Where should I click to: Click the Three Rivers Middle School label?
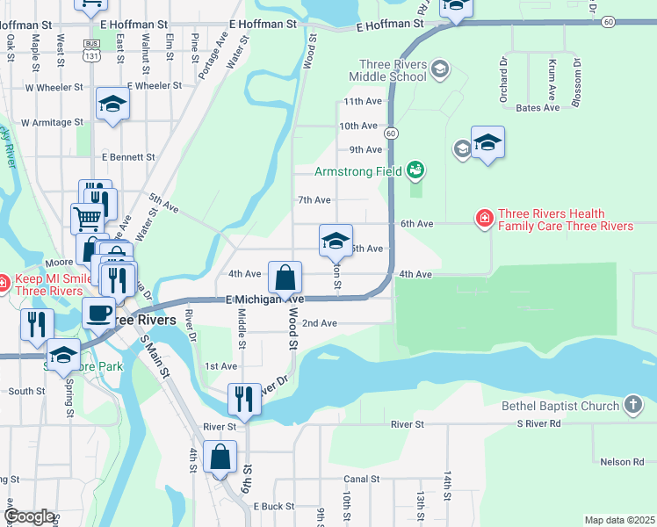click(x=393, y=70)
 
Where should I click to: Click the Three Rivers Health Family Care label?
click(x=565, y=220)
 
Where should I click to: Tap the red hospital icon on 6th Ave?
click(x=483, y=217)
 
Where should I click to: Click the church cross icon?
click(x=632, y=404)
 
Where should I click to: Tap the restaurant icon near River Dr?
click(x=244, y=399)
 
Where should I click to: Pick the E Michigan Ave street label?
click(x=264, y=300)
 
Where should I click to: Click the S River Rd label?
click(x=544, y=424)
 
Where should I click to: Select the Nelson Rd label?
click(x=622, y=461)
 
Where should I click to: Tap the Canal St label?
click(x=361, y=480)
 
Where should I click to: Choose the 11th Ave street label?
click(x=362, y=102)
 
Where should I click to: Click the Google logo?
click(x=29, y=517)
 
